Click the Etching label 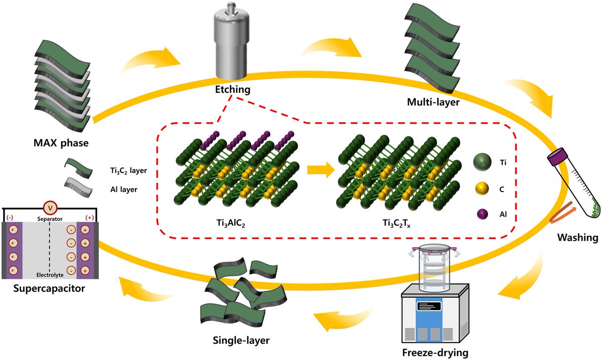[232, 89]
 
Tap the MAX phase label [61, 143]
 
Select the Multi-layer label [433, 102]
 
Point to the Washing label [577, 238]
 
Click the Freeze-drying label [435, 352]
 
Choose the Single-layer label [241, 340]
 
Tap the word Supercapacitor [49, 288]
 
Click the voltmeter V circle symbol [50, 208]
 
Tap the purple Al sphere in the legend [483, 214]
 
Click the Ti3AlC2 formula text [231, 224]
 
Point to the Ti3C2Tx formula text [396, 224]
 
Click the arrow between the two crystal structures [321, 170]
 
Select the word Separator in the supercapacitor [50, 219]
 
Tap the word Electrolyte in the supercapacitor [50, 275]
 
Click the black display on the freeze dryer [429, 306]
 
